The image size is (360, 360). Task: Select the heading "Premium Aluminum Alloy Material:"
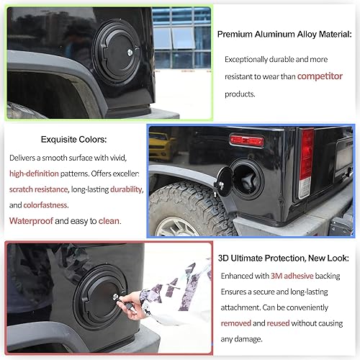point(284,34)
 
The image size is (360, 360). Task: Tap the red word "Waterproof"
point(33,221)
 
